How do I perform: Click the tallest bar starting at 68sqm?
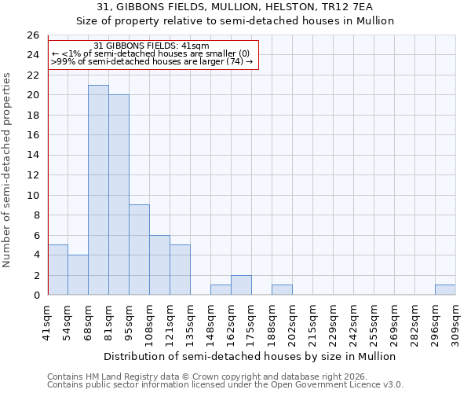coord(98,190)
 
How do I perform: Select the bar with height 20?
coord(119,195)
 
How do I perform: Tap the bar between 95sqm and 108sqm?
coord(139,250)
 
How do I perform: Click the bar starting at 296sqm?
coord(445,290)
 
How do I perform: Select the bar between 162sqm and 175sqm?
coord(241,285)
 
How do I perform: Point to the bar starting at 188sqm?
coord(282,290)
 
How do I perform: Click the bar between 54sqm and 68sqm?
coord(78,275)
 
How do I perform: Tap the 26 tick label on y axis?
coord(32,35)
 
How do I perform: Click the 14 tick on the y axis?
coord(32,156)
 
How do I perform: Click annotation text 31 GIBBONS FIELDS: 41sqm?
coord(152,46)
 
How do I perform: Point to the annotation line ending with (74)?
coord(152,61)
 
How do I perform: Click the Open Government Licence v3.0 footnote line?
coord(225,385)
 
